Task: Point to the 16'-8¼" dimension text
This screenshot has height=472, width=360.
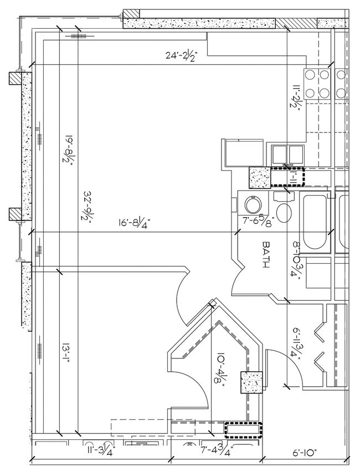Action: (134, 223)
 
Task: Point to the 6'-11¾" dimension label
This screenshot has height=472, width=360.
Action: (296, 343)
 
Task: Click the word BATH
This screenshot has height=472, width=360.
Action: (266, 255)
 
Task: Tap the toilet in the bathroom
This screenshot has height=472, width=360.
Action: (285, 211)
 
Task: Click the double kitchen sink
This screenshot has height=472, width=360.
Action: (286, 153)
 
